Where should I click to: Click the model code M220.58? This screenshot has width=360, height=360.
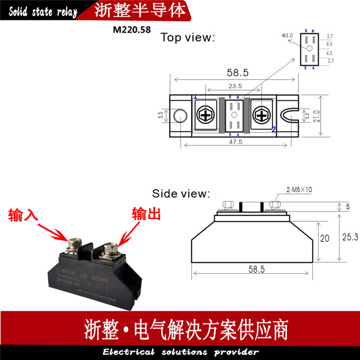pos(132,29)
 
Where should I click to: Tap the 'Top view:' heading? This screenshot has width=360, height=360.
pos(188,37)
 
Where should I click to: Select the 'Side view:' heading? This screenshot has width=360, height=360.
pos(181,194)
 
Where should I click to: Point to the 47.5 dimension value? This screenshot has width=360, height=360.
pos(235,142)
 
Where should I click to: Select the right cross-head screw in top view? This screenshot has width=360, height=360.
pos(262,116)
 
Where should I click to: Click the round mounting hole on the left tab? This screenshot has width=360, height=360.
pos(181,116)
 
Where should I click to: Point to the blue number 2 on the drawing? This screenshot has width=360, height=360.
pos(274,129)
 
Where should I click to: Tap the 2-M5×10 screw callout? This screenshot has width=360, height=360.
pos(298,190)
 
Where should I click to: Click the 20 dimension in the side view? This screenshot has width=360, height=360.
pos(324,239)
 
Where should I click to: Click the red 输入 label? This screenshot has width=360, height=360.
pos(22,216)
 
